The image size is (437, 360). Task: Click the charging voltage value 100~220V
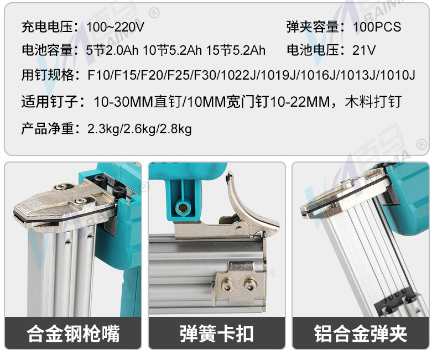115,27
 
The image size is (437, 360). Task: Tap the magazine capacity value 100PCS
377,27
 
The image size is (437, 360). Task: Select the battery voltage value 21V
364,50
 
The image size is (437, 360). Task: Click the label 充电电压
48,27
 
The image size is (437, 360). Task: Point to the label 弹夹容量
313,27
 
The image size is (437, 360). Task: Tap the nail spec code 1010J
398,75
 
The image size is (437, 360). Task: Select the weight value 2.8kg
175,129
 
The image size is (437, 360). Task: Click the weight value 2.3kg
103,129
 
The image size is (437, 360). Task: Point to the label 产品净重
48,129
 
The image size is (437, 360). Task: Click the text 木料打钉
373,101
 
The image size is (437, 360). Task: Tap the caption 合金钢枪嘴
73,333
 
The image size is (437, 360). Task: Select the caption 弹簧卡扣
216,333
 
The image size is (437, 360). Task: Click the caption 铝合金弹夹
360,333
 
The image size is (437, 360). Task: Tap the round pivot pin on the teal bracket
183,207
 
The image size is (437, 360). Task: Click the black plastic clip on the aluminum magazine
396,302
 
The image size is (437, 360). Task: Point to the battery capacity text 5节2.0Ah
112,50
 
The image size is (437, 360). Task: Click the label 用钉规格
48,75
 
